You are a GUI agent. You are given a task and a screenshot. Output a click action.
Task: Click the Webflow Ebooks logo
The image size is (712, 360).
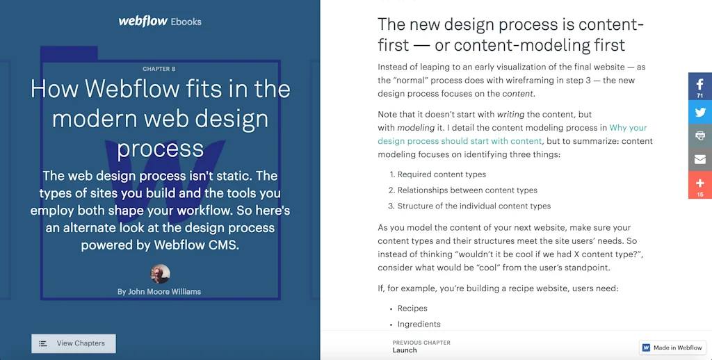coord(160,21)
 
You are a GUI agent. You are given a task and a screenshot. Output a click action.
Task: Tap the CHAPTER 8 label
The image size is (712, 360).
coord(159,69)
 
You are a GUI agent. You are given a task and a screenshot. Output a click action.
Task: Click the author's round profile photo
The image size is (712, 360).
coord(161,274)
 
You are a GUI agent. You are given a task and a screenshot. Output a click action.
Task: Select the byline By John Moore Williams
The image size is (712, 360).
coord(159,292)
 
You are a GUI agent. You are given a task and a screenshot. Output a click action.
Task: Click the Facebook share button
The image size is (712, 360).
coord(700,85)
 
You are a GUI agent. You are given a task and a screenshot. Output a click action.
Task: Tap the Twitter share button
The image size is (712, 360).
coord(700,112)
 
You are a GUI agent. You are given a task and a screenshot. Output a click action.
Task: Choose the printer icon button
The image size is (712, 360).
coord(700,136)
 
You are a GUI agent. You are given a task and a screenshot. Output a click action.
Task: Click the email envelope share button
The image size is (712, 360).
coord(700,159)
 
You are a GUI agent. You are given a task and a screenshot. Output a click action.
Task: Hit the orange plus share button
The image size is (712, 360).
coord(700,185)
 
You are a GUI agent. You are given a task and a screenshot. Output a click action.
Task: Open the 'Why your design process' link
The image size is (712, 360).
coord(628,128)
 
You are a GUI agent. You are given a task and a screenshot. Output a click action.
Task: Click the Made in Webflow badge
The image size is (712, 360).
coord(672,347)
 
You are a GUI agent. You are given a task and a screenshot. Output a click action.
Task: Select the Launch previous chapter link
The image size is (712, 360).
coord(405,350)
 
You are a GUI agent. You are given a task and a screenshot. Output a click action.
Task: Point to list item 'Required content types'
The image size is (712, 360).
coord(442,174)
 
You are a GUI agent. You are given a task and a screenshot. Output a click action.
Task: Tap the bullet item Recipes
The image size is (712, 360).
coord(412,309)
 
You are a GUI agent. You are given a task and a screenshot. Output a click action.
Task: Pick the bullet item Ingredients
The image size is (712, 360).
coord(419,325)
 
